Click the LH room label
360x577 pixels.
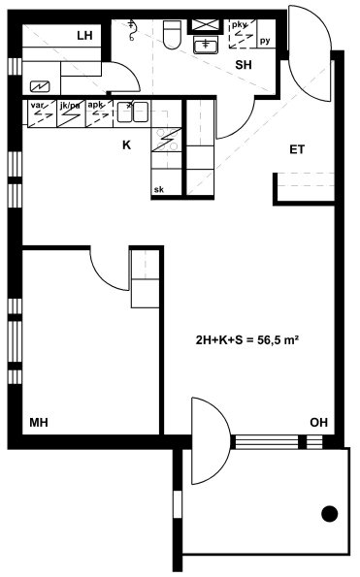coord(84,36)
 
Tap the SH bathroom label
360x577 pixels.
coord(244,65)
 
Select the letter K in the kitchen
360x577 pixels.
coord(126,145)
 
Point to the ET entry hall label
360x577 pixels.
coord(297,149)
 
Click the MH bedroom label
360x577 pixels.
coord(39,422)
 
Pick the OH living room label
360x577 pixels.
coord(319,422)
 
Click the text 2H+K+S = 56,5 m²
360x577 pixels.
coord(246,340)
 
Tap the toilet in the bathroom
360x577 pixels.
coord(172,35)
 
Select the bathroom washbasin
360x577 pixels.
coord(206,45)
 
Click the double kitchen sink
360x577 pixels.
coord(133,112)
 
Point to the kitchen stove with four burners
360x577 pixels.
coord(167,140)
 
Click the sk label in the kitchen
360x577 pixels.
coord(159,190)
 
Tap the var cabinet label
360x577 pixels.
coord(37,106)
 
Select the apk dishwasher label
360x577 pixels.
coord(95,105)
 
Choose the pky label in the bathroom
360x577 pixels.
coord(240,25)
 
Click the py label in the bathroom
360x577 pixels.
coord(265,41)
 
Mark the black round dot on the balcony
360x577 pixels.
coord(330,514)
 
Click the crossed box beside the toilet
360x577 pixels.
coord(206,25)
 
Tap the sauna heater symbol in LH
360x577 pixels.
coord(40,87)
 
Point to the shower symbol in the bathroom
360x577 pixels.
coord(132,30)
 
